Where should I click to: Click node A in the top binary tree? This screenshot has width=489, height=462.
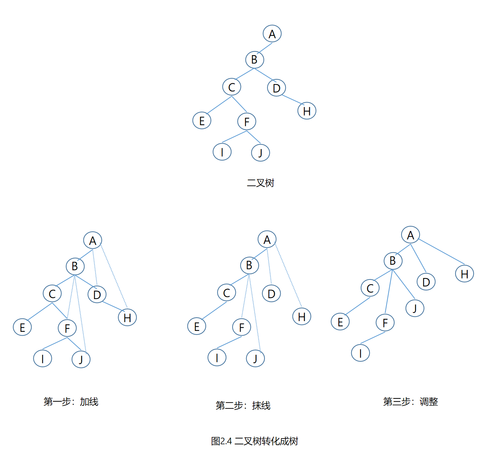coord(272,34)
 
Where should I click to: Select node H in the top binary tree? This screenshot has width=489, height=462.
coord(307,111)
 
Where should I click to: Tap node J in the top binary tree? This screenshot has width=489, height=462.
coord(260,153)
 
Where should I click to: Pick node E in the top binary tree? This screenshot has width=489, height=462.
coord(202,121)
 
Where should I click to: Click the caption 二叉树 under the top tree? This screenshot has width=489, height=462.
coord(260,183)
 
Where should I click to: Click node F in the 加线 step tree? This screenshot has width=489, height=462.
coord(67,328)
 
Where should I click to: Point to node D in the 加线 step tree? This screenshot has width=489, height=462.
coord(97,295)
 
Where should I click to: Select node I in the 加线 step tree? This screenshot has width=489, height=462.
coord(43,359)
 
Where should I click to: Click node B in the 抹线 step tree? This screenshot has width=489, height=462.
coord(249,265)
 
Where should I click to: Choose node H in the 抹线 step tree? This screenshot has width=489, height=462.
coord(302,317)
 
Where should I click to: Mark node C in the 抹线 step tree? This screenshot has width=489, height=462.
coord(227,293)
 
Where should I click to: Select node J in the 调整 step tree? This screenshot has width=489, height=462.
coord(415,308)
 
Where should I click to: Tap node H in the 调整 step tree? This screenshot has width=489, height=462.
coord(464,274)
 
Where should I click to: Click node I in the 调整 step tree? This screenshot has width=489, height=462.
coord(360,353)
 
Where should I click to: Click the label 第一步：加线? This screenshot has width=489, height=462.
coord(71,402)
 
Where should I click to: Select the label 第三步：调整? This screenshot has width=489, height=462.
coord(410,402)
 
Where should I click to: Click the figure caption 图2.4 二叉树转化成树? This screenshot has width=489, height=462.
coord(255,441)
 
